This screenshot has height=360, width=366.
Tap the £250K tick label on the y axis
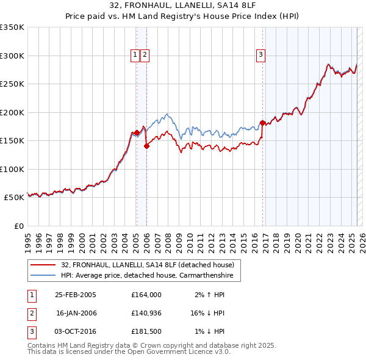(12, 84)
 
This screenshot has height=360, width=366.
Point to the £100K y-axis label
(12, 169)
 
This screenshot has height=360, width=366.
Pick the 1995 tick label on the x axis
(27, 239)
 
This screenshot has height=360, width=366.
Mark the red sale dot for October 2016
(263, 123)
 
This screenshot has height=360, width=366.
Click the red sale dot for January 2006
(147, 146)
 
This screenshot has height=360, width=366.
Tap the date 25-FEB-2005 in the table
(76, 295)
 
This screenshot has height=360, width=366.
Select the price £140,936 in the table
(146, 313)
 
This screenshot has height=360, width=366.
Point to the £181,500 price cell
(146, 331)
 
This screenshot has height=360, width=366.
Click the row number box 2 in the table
(31, 313)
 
